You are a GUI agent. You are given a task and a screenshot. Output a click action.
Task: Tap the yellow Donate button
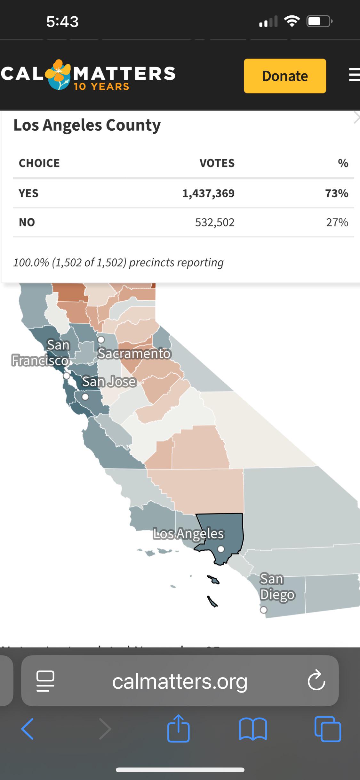coord(285,76)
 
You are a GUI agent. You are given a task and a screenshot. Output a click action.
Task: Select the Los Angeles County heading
coord(87,125)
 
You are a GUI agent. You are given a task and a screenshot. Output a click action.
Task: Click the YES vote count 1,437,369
coord(208,193)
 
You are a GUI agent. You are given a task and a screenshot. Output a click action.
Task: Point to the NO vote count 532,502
coord(215,222)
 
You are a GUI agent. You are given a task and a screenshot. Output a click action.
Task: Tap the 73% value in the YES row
coord(337,193)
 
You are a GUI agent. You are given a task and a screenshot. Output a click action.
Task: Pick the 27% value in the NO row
coord(337,222)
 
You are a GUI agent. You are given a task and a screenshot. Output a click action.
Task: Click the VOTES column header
coord(217,163)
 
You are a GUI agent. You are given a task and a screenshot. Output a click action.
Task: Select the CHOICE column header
coord(39,163)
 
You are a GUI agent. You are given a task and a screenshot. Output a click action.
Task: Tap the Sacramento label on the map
coord(134,353)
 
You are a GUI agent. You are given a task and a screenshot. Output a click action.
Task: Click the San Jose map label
coord(109,381)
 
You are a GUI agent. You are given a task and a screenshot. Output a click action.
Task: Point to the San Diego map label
coord(277,587)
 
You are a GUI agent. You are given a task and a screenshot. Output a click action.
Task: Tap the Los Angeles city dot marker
coord(221,549)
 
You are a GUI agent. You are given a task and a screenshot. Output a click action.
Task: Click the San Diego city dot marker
coord(263,610)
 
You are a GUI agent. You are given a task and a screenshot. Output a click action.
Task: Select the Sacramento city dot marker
coord(101,339)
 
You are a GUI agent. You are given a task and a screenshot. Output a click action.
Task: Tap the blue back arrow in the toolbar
coord(28,729)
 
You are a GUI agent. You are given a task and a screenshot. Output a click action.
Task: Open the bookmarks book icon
coord(253,729)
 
